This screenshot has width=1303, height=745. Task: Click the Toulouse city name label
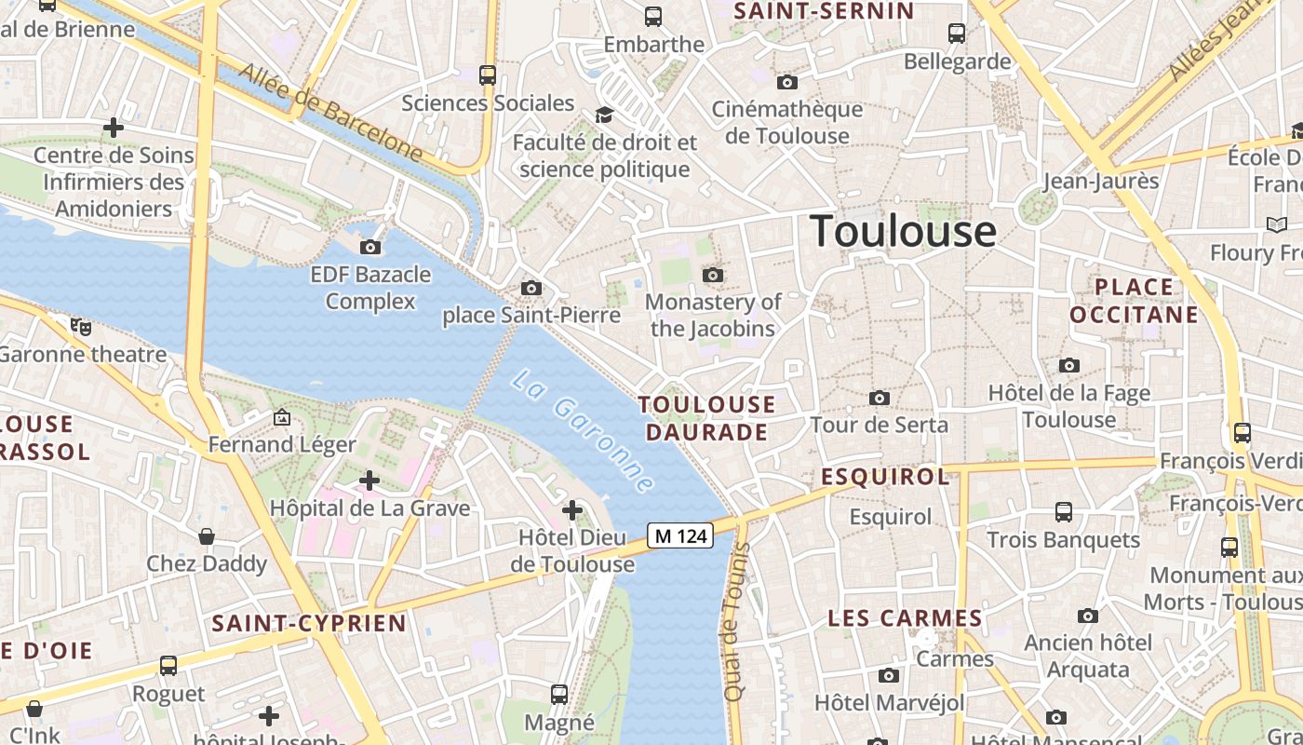[903, 231]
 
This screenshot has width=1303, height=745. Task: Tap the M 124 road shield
[680, 535]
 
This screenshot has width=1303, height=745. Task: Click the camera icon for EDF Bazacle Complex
[370, 247]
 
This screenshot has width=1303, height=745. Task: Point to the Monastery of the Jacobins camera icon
[713, 275]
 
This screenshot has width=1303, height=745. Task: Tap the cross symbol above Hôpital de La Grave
[369, 481]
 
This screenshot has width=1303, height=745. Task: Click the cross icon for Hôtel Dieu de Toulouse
[572, 510]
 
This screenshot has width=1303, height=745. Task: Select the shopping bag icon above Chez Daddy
[207, 536]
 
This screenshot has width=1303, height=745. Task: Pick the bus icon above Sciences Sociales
[488, 74]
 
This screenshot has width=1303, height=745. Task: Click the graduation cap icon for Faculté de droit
[605, 115]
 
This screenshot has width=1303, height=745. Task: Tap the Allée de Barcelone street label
[331, 111]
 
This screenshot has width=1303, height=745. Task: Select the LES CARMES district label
[905, 618]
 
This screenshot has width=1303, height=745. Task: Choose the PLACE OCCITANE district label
[1134, 300]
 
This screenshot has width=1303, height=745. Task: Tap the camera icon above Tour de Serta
[879, 399]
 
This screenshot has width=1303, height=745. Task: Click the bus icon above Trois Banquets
[1063, 512]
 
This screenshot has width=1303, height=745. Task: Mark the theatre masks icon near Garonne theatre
[82, 326]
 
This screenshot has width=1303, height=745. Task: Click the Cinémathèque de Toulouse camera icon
[786, 82]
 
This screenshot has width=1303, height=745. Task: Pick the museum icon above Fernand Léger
[282, 418]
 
